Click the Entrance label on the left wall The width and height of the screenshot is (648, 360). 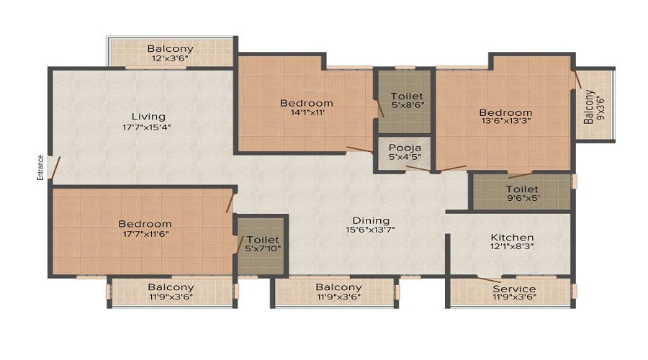(41, 167)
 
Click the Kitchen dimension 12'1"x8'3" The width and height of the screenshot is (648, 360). (512, 246)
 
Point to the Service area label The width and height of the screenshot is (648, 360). (514, 289)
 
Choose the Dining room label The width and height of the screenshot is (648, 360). (371, 220)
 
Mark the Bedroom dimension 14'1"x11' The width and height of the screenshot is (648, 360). (306, 113)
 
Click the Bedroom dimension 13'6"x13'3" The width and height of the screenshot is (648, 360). (505, 122)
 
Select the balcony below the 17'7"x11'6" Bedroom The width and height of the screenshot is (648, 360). (171, 292)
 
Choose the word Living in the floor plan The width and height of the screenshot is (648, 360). (148, 116)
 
